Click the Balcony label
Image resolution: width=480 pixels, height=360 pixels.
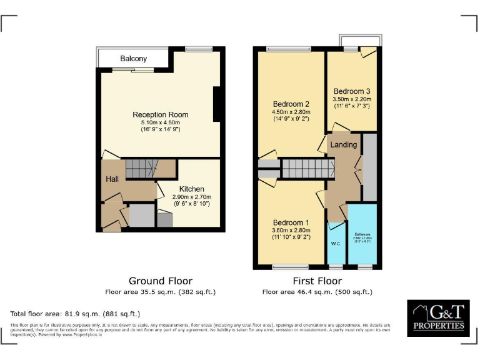click(x=134, y=59)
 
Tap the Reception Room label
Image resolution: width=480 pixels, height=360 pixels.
click(x=160, y=114)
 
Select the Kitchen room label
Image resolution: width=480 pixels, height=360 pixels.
click(x=191, y=189)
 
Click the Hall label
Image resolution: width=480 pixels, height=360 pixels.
click(x=112, y=179)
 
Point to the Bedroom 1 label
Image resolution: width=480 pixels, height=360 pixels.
click(x=290, y=222)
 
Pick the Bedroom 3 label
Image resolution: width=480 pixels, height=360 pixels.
click(x=352, y=91)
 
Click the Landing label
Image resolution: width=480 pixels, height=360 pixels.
click(x=344, y=144)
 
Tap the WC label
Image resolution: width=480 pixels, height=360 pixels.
click(x=336, y=242)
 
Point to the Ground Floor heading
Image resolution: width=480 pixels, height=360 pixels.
click(x=160, y=281)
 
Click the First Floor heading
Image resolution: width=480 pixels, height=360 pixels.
click(x=317, y=281)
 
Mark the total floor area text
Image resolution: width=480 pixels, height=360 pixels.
click(x=75, y=313)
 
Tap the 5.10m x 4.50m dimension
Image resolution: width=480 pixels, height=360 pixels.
click(x=160, y=122)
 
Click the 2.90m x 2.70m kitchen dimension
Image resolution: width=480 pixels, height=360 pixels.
click(x=191, y=197)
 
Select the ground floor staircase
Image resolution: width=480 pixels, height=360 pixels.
click(x=141, y=169)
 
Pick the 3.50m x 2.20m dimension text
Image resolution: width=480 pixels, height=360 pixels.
click(x=352, y=99)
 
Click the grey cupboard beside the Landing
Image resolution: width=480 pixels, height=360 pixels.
click(x=370, y=167)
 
